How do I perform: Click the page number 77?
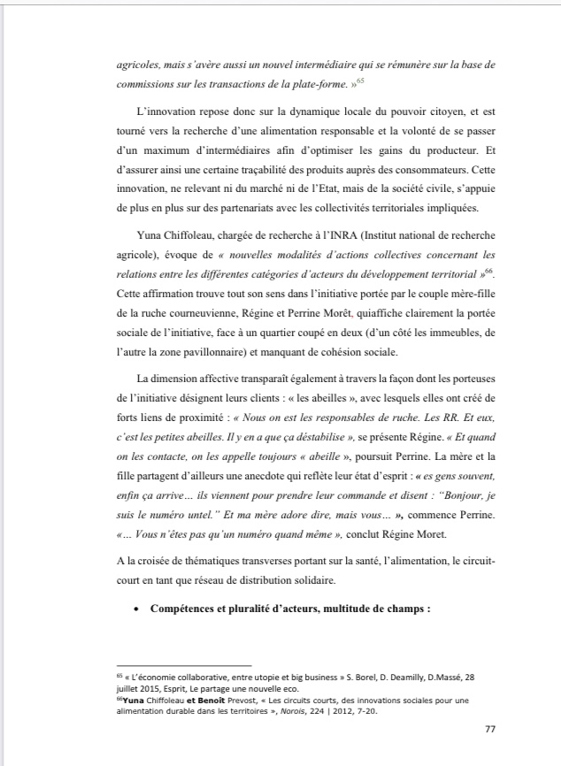pyautogui.click(x=491, y=729)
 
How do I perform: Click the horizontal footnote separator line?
pyautogui.click(x=185, y=665)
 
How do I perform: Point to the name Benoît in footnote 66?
pyautogui.click(x=211, y=700)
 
